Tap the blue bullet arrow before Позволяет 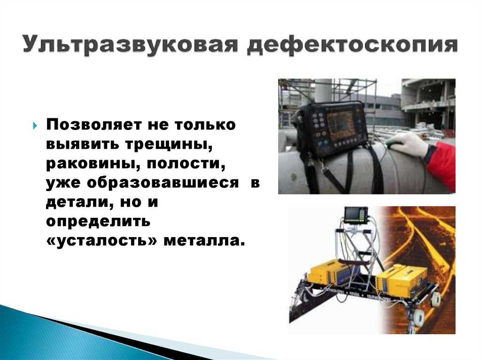pyautogui.click(x=35, y=126)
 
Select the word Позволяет pyautogui.click(x=94, y=125)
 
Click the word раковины pyautogui.click(x=93, y=163)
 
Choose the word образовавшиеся pyautogui.click(x=163, y=183)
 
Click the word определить pyautogui.click(x=98, y=222)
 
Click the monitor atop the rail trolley pyautogui.click(x=356, y=214)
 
